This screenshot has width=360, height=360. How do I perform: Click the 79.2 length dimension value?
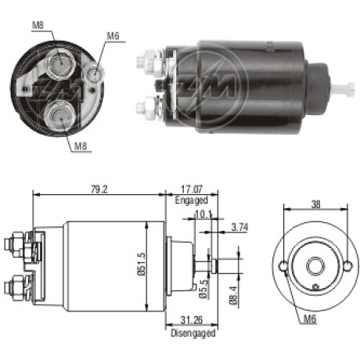tap(99, 189)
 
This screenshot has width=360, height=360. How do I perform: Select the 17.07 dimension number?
tap(192, 189)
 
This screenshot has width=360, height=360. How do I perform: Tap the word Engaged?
tap(191, 200)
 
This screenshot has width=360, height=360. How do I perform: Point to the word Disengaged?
tap(193, 333)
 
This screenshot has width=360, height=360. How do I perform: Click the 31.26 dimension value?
tap(192, 320)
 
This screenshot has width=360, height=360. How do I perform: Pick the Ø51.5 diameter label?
tap(141, 264)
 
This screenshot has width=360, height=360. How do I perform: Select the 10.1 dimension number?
tap(203, 214)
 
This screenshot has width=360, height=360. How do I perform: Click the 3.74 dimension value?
tap(239, 227)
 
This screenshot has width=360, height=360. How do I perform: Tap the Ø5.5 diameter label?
tap(203, 289)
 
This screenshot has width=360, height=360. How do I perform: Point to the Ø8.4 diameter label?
tap(233, 296)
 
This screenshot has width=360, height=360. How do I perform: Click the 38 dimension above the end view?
tap(315, 204)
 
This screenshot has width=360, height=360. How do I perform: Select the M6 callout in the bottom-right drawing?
tap(310, 319)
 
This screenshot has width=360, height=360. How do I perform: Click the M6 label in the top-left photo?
tap(113, 36)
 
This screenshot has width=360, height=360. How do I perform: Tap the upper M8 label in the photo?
tap(38, 25)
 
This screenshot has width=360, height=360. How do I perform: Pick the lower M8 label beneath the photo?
tap(81, 146)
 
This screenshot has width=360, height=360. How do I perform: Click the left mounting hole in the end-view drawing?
tap(283, 266)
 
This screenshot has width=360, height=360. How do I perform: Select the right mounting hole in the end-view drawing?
tap(347, 266)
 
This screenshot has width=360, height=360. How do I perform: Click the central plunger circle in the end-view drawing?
tap(315, 267)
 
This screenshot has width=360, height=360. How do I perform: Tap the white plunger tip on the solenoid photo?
tap(343, 88)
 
